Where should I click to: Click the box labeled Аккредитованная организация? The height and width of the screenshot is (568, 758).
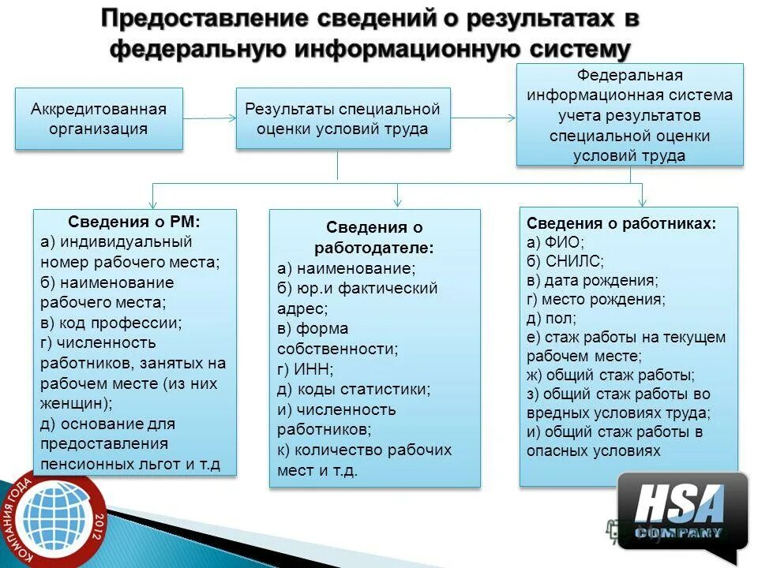[x=99, y=118]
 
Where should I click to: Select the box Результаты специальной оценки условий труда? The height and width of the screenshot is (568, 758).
[x=343, y=118]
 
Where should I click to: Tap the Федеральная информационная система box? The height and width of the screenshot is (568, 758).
[x=629, y=115]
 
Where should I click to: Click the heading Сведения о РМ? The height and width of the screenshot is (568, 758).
[x=134, y=222]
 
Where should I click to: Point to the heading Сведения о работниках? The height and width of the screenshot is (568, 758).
[x=621, y=223]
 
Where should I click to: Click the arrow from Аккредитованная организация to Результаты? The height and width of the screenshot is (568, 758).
[x=209, y=118]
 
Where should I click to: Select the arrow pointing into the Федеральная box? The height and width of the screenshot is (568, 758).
[x=483, y=118]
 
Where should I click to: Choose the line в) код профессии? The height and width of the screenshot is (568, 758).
[x=111, y=323]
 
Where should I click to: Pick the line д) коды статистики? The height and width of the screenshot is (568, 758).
[x=354, y=389]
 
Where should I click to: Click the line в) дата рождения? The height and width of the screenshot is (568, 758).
[x=592, y=280]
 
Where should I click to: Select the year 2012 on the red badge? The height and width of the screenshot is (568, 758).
[x=99, y=523]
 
